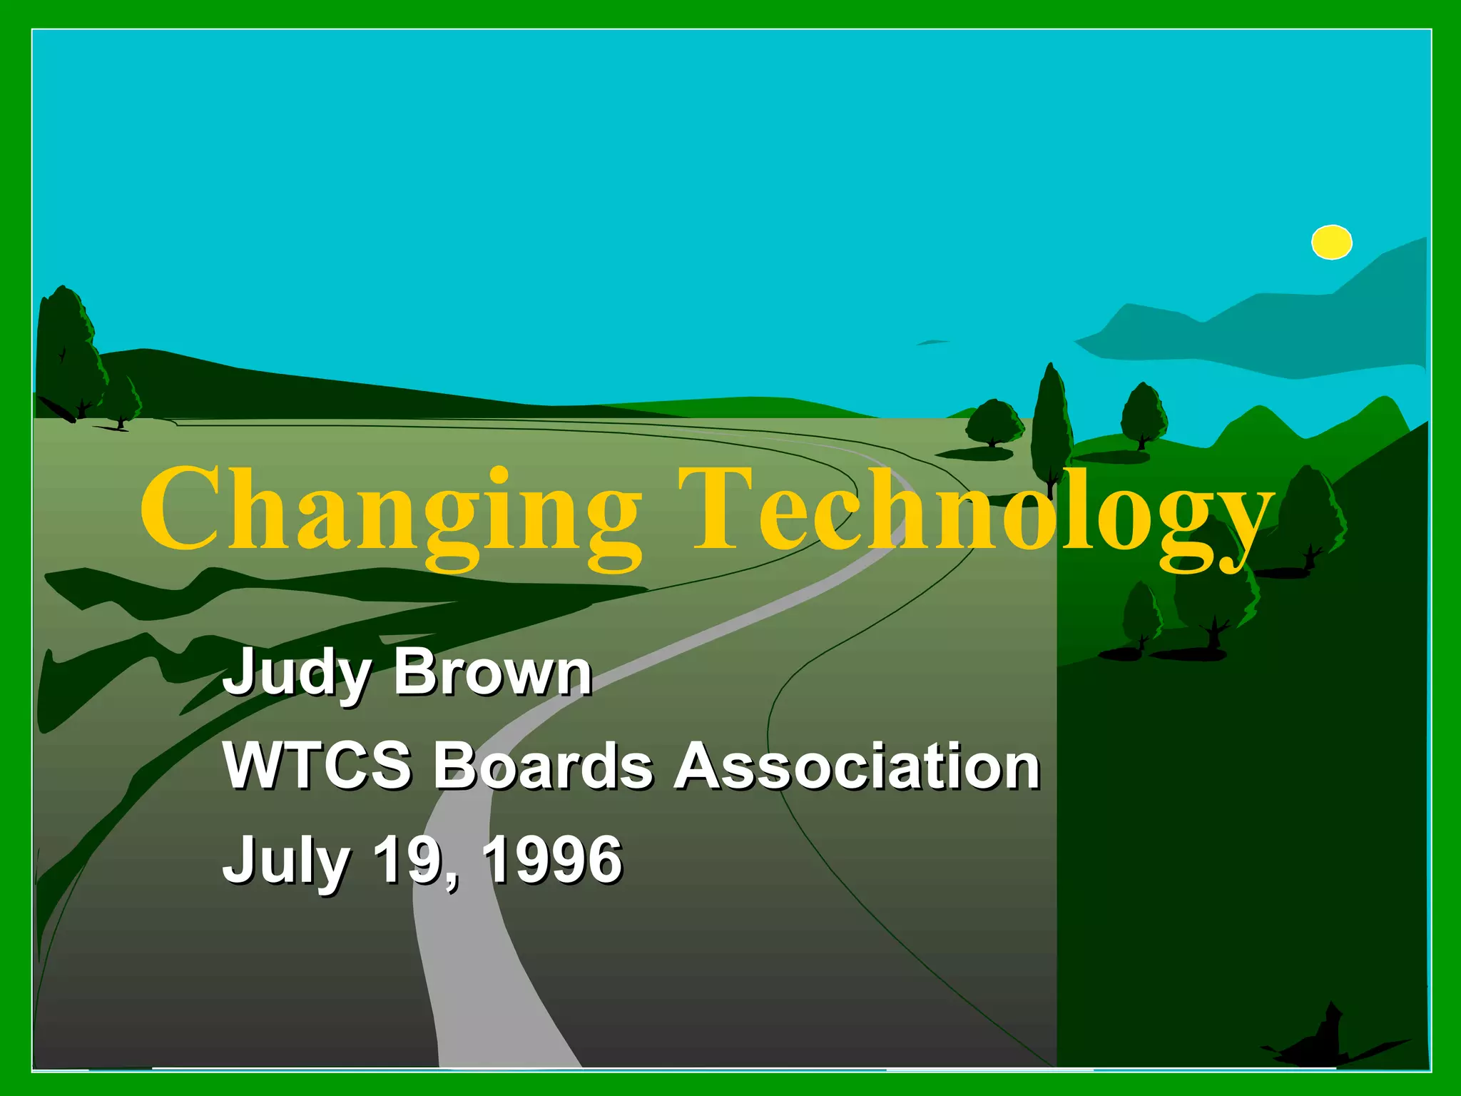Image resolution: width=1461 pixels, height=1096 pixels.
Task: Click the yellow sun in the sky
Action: point(1331,242)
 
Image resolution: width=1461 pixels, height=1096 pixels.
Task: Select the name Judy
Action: point(296,673)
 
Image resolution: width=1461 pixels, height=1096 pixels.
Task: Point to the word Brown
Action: point(492,673)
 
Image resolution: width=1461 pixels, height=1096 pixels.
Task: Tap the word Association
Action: point(857,766)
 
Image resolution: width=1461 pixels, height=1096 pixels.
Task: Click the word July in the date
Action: point(286,861)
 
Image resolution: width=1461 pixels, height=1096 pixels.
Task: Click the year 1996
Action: point(553,859)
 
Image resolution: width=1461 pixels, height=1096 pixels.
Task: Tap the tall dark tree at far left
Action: point(67,350)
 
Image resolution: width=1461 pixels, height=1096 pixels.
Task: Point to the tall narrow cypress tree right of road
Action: point(1051,421)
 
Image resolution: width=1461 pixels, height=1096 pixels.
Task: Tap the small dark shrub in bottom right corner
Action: point(1325,1038)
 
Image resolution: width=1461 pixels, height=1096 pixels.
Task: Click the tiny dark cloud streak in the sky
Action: point(932,342)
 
